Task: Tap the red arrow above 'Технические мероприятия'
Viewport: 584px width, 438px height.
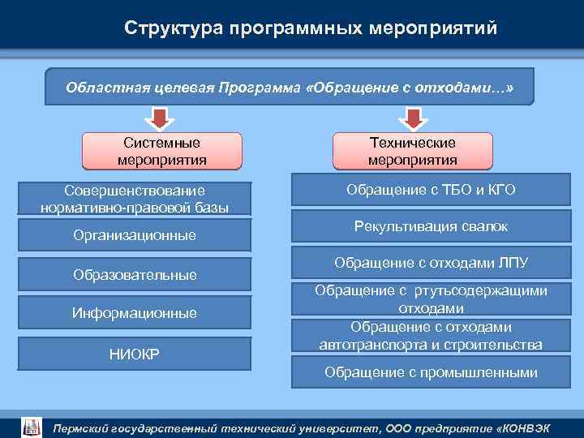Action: tap(413, 119)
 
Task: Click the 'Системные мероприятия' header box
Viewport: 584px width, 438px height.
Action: tap(162, 151)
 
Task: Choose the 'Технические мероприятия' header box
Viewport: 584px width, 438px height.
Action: tap(413, 151)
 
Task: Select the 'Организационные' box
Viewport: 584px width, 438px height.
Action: tap(135, 236)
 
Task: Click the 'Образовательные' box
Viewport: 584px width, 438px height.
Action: tap(135, 275)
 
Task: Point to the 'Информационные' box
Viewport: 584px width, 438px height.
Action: tap(135, 313)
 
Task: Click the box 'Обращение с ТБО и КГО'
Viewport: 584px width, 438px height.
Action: tap(431, 191)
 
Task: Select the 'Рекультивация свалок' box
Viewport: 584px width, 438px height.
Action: tap(431, 227)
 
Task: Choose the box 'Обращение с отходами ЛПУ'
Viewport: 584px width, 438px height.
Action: tap(431, 264)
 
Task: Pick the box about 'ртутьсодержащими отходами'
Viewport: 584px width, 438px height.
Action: tap(431, 299)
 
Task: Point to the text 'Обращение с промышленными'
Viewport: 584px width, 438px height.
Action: tap(431, 373)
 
